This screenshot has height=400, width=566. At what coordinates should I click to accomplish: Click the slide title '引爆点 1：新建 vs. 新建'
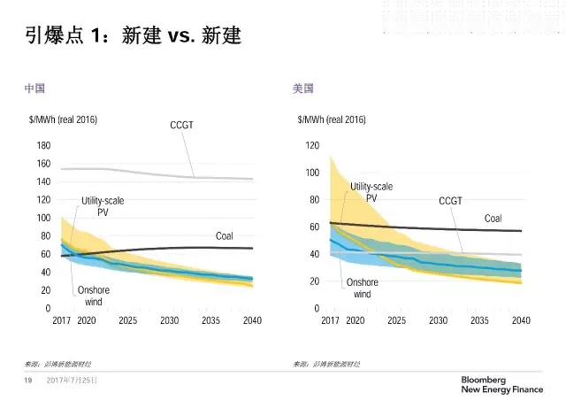pos(133,37)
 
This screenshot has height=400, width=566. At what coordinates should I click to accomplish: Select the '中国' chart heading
pos(34,89)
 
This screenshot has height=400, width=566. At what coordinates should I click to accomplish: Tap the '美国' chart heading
pos(302,89)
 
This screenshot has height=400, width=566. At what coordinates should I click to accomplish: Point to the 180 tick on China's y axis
pos(43,145)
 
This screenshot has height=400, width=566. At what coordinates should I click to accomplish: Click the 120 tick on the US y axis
pos(311,145)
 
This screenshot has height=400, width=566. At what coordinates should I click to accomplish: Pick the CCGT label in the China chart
pos(181,126)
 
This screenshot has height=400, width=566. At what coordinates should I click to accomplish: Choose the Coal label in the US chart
pos(493,219)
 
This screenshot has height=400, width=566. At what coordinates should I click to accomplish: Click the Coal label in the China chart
pos(225,236)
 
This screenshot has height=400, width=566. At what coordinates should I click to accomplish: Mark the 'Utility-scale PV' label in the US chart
pos(371,192)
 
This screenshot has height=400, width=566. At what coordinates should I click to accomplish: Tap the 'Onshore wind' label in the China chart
pos(94,296)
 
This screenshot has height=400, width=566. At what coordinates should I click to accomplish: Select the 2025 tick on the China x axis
pos(127,320)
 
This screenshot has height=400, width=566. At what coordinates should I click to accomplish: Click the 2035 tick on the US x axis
pos(479,320)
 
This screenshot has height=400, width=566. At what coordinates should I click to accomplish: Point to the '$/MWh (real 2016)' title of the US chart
pos(332,119)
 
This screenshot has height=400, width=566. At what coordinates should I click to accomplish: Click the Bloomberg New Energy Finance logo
pos(499,382)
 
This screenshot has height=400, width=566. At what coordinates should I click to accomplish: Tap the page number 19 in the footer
pos(27,381)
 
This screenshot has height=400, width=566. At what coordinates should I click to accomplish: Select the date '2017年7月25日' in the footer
pos(73,381)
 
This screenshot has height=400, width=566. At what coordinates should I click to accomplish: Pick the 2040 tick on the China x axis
pos(252,320)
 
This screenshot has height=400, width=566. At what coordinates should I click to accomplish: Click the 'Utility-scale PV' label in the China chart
pos(103,206)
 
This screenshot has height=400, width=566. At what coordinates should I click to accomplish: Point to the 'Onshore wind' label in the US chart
pos(363,288)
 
